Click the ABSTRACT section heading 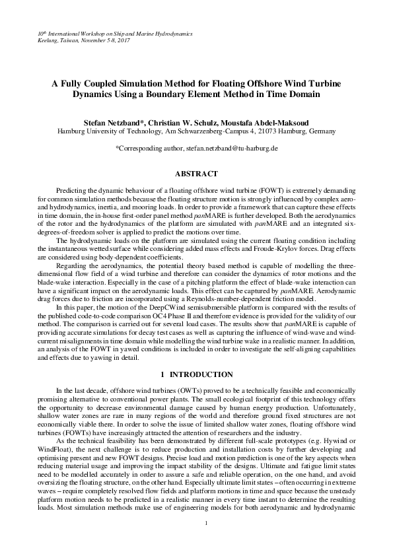point(196,174)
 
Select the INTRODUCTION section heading point(201,374)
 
